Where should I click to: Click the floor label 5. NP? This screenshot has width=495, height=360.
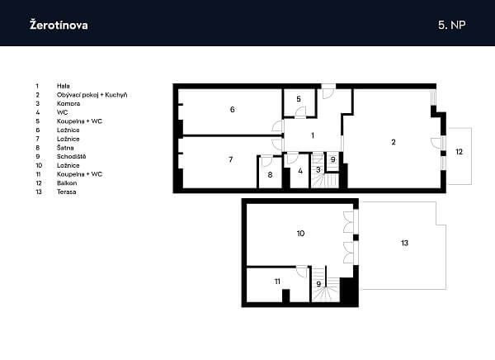coord(452,25)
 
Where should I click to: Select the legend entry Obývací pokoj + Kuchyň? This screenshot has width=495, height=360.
coord(92,95)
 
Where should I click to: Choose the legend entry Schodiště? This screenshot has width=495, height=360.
coord(72,156)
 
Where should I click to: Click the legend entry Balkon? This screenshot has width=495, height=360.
coord(68,184)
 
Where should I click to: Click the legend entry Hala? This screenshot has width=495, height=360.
coord(64,85)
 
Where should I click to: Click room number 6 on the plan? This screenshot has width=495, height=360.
coord(233,110)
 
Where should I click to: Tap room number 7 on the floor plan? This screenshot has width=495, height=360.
coord(231,159)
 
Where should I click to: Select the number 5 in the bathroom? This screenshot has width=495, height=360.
coord(299,100)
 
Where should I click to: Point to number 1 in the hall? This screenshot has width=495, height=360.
coord(312,135)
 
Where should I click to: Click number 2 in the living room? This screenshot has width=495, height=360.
coord(394,142)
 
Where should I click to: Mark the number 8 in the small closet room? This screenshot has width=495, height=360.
coord(270,174)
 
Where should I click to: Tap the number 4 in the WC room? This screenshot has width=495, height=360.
coord(300,171)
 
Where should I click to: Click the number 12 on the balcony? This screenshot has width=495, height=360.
coord(459,152)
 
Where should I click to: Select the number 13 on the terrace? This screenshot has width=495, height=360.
coord(404,244)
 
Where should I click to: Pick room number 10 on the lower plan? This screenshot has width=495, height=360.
coord(300,234)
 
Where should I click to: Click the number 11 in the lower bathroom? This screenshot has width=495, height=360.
coord(277,282)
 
